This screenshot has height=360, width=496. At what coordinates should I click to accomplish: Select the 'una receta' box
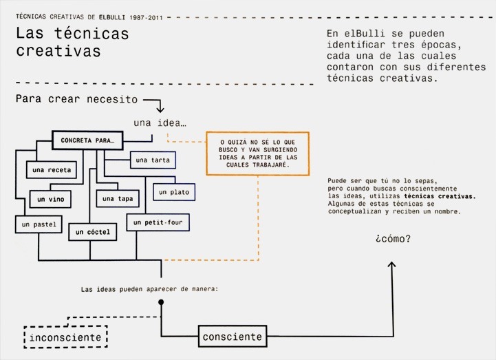point(52,169)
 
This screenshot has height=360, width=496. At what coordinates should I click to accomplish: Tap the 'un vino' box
point(50,199)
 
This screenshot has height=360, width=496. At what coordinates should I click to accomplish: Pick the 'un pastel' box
point(38,224)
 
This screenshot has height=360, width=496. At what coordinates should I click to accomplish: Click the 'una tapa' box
point(117,199)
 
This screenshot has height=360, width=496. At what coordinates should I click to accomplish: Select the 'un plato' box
point(173,192)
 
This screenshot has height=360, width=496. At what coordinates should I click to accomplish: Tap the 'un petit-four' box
point(158,222)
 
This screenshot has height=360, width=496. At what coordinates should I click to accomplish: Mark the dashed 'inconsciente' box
point(66,337)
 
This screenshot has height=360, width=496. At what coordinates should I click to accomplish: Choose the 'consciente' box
point(233,337)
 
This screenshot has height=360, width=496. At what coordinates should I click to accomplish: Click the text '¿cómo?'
point(393,240)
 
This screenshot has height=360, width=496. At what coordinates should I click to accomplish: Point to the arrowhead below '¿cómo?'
point(393,265)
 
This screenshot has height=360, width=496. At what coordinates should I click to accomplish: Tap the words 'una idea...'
point(161,123)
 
